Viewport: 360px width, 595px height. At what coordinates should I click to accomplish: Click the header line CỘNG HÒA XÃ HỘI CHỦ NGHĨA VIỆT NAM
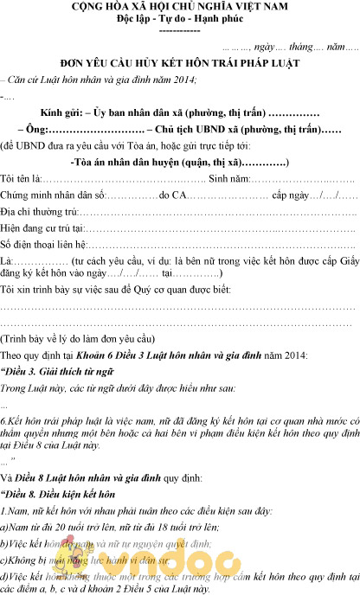pos(179,7)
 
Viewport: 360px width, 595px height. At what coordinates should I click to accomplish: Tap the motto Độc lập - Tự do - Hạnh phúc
pos(179,19)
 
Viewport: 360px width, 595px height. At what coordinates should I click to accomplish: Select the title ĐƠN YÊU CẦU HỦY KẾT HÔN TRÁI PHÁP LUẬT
pos(180,64)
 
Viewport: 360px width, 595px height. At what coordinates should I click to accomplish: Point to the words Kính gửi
pos(61,113)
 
